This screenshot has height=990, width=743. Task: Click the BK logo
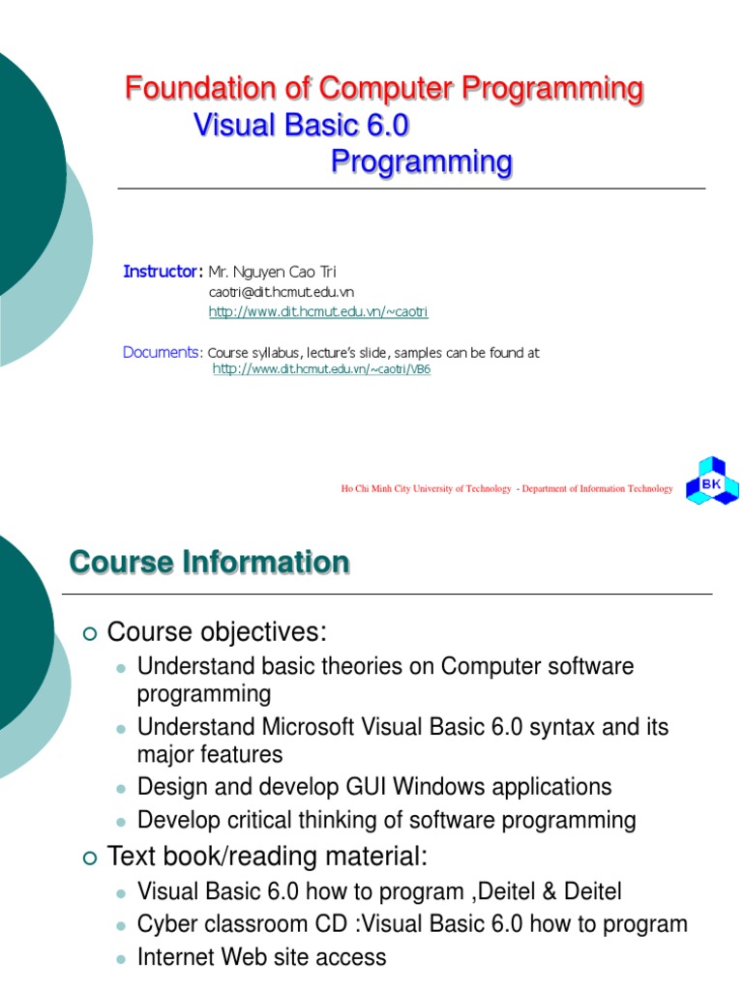click(x=712, y=480)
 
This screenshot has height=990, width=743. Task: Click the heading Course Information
click(x=209, y=563)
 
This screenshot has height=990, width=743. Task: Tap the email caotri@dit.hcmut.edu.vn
click(x=282, y=292)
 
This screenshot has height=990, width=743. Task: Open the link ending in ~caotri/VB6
click(x=321, y=369)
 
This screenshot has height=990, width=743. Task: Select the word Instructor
click(x=161, y=271)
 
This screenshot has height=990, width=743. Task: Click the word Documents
click(x=162, y=352)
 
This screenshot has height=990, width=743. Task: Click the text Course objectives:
click(x=218, y=632)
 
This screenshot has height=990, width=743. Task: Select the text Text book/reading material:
click(x=267, y=857)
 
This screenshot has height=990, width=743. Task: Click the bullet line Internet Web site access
click(x=262, y=957)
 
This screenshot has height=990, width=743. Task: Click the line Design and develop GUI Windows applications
click(x=374, y=786)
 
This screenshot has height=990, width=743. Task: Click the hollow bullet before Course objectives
click(x=90, y=634)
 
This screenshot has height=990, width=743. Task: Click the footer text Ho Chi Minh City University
click(x=426, y=489)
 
